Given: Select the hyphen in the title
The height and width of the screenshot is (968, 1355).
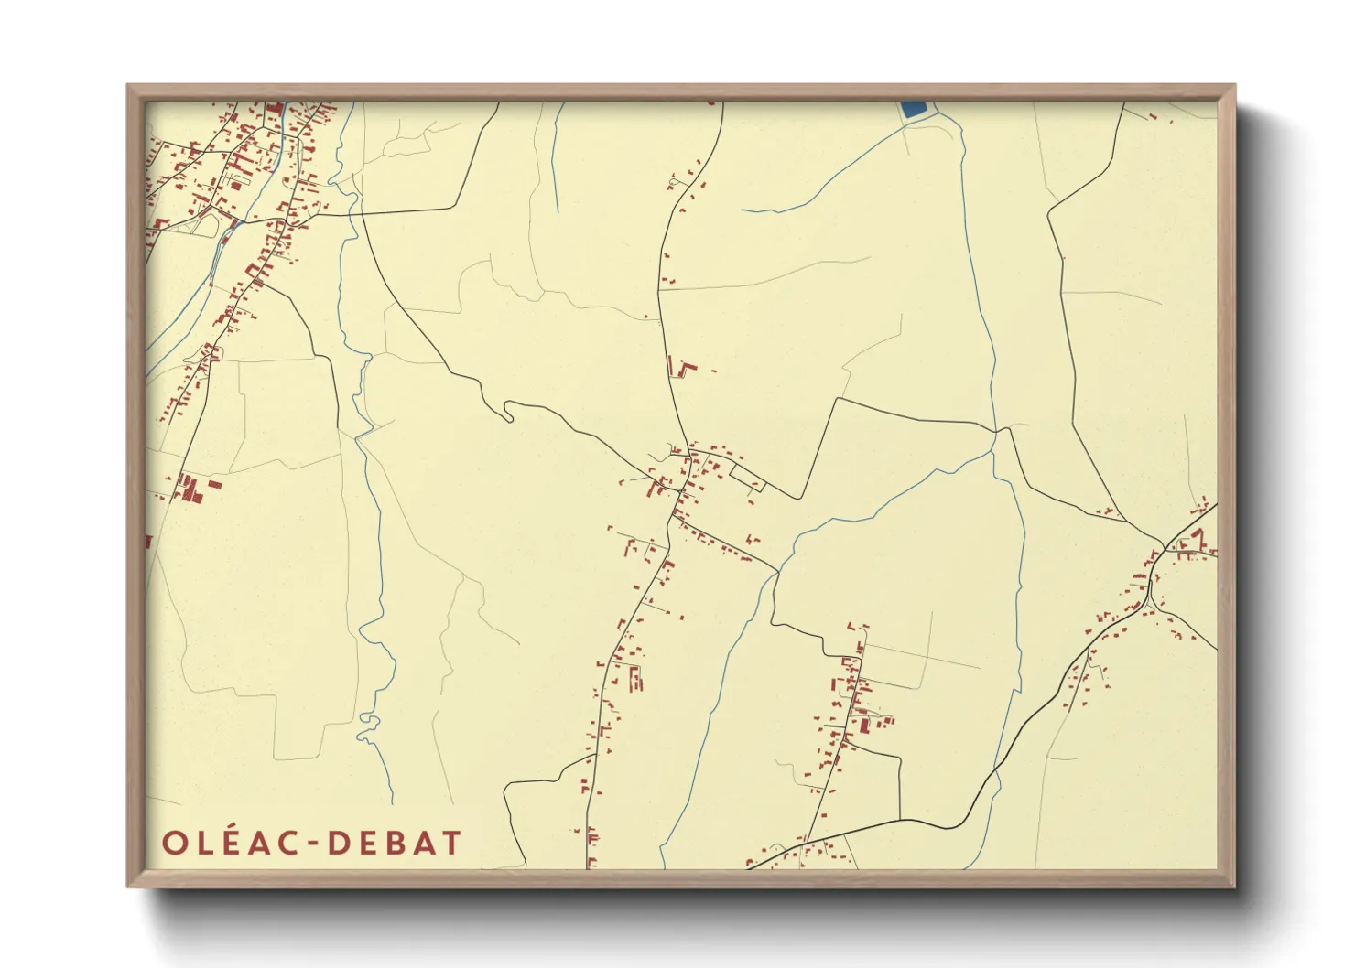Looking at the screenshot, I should tap(313, 844).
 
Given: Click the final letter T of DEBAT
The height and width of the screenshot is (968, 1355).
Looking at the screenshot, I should tap(450, 843).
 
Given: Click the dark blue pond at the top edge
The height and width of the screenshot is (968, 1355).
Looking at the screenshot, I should tap(914, 109).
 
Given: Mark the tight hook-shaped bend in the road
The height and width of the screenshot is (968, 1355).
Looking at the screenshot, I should tap(508, 413).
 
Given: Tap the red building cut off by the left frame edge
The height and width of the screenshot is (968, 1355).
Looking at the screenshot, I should tap(148, 542).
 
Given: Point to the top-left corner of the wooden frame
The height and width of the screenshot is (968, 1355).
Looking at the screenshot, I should tap(128, 86).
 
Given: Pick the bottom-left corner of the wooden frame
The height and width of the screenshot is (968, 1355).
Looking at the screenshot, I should tap(128, 886).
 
